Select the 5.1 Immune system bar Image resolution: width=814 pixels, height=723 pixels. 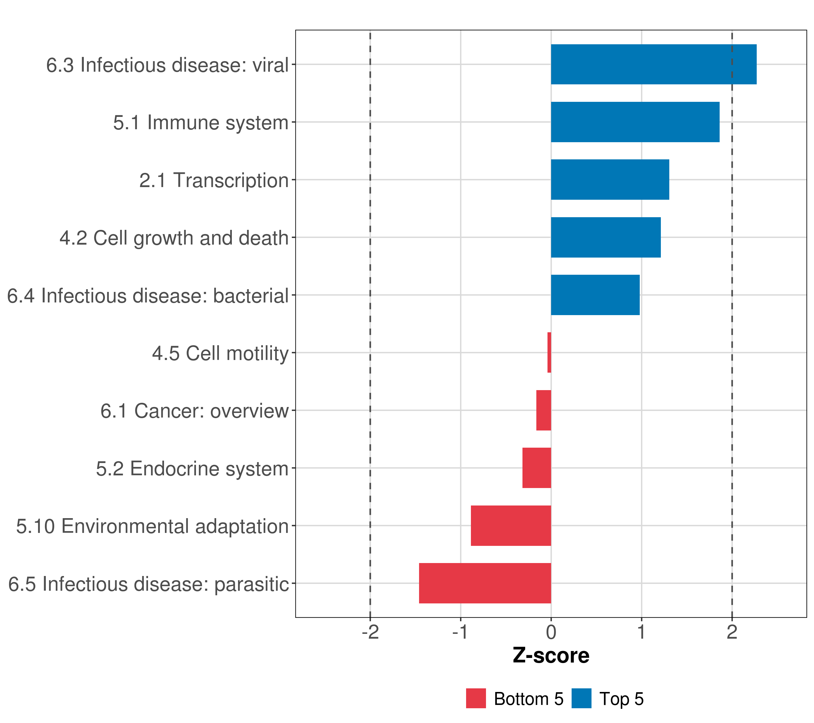(635, 122)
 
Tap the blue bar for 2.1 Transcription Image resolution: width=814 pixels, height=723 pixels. (610, 180)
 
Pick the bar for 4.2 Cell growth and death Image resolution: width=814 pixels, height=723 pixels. (605, 238)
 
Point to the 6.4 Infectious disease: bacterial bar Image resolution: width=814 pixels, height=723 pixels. (595, 295)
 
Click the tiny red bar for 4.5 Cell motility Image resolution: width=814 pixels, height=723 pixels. (549, 352)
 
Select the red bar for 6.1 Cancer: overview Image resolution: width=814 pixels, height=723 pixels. (544, 410)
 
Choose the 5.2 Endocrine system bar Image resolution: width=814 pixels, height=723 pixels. (536, 468)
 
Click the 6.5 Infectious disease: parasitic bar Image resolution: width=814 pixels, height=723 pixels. (485, 583)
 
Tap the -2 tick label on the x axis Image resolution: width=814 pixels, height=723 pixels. (370, 632)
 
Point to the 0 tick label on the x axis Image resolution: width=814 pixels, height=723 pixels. (551, 632)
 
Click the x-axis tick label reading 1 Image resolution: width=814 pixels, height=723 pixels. (641, 632)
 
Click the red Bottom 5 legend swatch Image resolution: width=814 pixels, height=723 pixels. (476, 698)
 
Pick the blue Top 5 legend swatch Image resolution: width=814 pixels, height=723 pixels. (582, 698)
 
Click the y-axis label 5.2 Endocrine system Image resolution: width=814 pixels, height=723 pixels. (192, 469)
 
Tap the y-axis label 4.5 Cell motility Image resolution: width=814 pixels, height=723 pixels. (220, 353)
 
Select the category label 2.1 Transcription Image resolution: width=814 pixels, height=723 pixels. (214, 180)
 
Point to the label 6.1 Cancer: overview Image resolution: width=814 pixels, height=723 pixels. (194, 411)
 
